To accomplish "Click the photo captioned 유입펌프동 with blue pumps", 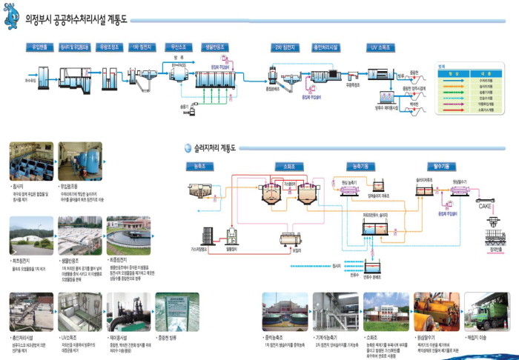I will (x=80, y=161).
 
